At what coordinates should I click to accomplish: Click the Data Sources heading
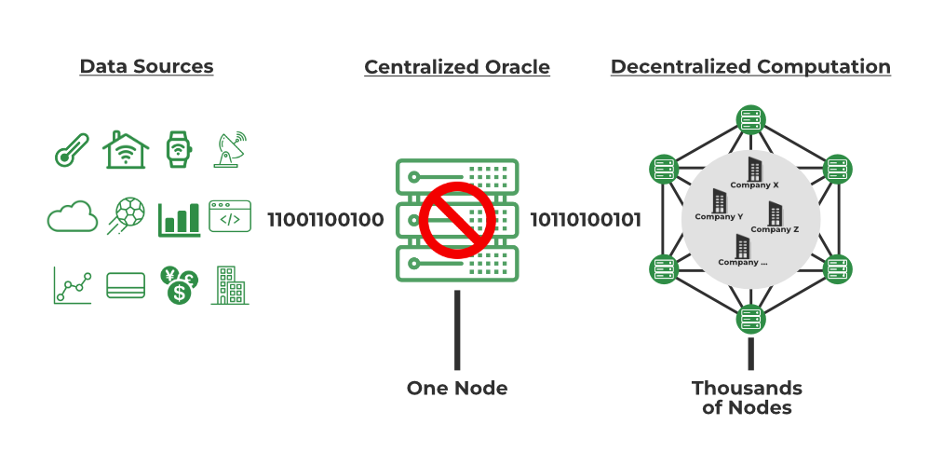(x=146, y=67)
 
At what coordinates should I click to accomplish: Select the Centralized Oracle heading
(x=456, y=68)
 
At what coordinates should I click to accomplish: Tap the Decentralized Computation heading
(x=750, y=67)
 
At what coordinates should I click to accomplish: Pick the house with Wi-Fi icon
(x=126, y=149)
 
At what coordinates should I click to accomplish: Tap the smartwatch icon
(x=177, y=149)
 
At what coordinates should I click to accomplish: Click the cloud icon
(x=72, y=218)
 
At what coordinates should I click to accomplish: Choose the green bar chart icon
(x=179, y=218)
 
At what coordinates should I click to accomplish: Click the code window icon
(x=230, y=217)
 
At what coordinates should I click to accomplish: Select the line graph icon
(x=72, y=286)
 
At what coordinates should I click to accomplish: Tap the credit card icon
(x=126, y=285)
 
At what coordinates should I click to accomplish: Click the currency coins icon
(x=178, y=285)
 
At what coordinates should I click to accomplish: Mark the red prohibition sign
(x=455, y=219)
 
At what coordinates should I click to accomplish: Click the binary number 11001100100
(x=325, y=221)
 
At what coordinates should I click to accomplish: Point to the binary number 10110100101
(x=586, y=221)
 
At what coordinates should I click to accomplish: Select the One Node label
(x=457, y=388)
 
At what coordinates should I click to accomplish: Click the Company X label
(x=755, y=185)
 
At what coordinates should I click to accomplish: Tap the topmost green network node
(x=750, y=119)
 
